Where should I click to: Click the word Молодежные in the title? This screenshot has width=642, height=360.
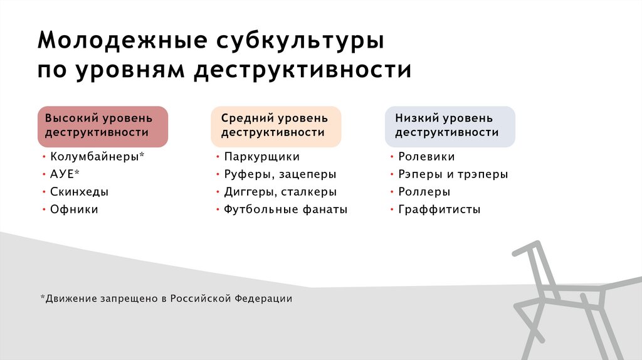[122, 41]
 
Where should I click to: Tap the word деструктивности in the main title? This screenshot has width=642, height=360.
[302, 70]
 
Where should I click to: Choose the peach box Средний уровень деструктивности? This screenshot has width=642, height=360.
[276, 125]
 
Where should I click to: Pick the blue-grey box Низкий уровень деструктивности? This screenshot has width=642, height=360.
[450, 125]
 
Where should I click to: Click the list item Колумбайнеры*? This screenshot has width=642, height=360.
[97, 157]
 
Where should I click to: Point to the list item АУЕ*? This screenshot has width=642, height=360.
[65, 174]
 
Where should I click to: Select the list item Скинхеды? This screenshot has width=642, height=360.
[79, 192]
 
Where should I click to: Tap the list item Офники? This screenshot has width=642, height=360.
[74, 209]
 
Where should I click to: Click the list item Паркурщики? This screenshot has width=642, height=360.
[261, 157]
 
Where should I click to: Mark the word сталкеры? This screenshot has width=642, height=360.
[309, 192]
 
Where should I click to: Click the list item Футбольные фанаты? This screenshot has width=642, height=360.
[285, 209]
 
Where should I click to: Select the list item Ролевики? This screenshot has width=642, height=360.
[426, 157]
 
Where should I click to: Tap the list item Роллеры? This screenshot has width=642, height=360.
[424, 192]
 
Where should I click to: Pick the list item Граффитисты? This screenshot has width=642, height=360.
[439, 209]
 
